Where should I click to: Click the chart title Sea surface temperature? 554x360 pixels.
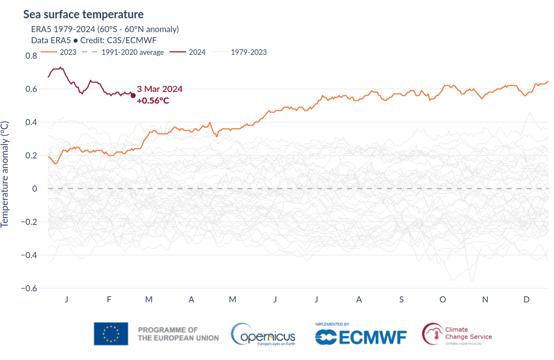point(83,14)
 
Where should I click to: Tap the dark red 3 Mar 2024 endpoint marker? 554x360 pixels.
point(133,95)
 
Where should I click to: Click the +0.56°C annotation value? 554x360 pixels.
point(152,100)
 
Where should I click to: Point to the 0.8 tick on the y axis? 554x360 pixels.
point(31,56)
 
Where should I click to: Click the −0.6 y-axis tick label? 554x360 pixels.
point(29,289)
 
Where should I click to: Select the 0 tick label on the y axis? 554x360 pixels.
point(34,189)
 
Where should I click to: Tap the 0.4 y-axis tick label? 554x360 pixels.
point(31,122)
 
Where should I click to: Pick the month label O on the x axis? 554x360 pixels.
point(443,300)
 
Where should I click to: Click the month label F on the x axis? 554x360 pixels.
point(109,300)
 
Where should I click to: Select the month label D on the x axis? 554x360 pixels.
point(527,300)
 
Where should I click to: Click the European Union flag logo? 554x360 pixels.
point(111,334)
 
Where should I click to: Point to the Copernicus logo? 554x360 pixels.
point(263,335)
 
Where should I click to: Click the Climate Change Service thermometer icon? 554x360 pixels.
point(432,334)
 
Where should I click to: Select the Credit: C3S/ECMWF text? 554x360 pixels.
point(119,40)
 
